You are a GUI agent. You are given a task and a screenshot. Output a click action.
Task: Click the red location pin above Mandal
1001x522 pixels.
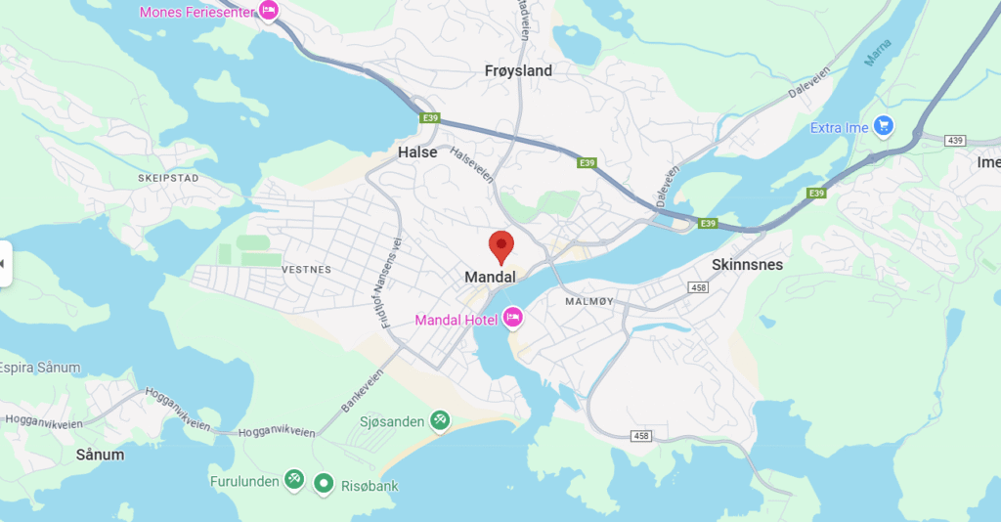(x=501, y=245)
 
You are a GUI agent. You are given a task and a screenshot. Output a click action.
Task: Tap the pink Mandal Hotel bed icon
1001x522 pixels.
(x=512, y=319)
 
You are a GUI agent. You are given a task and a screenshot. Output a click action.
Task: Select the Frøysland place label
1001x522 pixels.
(x=518, y=70)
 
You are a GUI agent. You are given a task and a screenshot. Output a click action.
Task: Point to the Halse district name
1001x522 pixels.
(x=417, y=152)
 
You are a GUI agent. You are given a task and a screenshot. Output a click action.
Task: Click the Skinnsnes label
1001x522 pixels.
(x=747, y=264)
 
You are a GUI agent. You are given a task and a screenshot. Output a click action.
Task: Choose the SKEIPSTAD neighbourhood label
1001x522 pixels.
(x=168, y=179)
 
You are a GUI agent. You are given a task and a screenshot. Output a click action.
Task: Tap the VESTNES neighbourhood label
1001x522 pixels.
(x=306, y=269)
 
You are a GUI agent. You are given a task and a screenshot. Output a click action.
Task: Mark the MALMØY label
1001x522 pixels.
(x=589, y=301)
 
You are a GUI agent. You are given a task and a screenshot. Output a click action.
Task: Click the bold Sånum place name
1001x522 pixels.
(x=100, y=455)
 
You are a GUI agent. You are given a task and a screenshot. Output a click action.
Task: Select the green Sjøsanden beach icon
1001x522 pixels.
(x=440, y=420)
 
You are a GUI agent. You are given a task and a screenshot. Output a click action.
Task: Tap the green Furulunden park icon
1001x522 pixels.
(x=293, y=480)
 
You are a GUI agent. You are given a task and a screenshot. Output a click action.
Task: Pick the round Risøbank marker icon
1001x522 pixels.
(x=324, y=482)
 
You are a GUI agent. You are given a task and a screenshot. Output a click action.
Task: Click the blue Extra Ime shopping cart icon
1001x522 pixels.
(x=884, y=126)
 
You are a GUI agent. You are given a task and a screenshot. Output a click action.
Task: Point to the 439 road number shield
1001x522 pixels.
(x=955, y=141)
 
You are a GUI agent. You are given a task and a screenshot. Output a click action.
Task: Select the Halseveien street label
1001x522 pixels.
(x=471, y=166)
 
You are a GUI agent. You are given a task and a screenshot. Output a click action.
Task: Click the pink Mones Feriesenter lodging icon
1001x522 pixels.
(x=267, y=11)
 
